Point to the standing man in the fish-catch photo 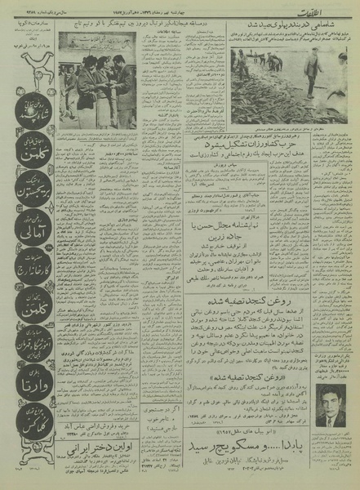click(x=313, y=69)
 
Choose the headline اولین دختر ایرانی click(x=99, y=457)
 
